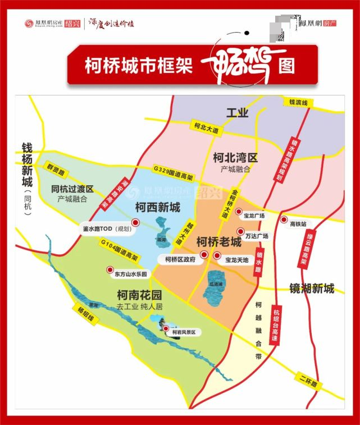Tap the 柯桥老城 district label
click(x=218, y=242)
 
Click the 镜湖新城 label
click(x=312, y=289)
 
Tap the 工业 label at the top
click(x=237, y=113)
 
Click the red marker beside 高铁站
click(x=284, y=220)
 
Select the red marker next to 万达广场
click(x=240, y=231)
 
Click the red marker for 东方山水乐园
click(x=110, y=269)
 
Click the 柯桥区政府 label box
click(x=180, y=259)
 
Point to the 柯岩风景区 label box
click(x=185, y=332)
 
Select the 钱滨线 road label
click(x=299, y=102)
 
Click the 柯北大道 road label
click(x=206, y=127)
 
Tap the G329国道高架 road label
click(x=173, y=172)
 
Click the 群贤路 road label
click(x=56, y=168)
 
